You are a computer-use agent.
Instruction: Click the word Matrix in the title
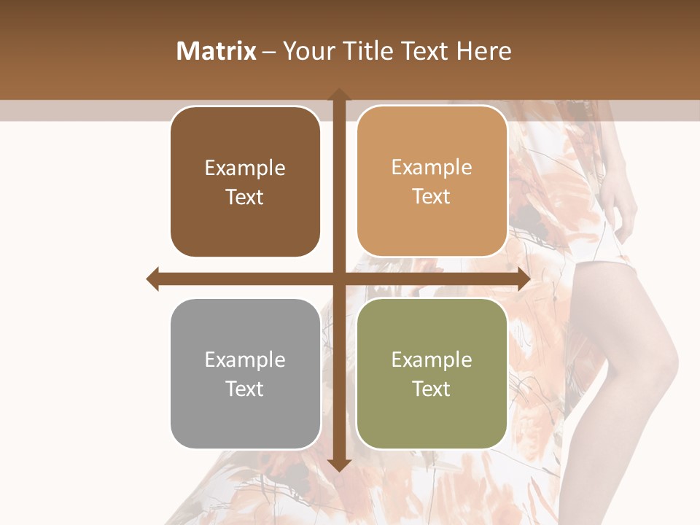[x=217, y=51]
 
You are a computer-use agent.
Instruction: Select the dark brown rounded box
[x=245, y=182]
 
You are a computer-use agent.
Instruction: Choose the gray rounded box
[x=245, y=373]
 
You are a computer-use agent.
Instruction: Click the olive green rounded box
[x=432, y=373]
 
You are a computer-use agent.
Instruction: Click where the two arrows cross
[x=338, y=279]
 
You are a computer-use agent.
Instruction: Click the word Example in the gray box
[x=245, y=359]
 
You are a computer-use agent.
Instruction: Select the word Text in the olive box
[x=432, y=389]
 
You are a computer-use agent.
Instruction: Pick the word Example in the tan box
[x=432, y=167]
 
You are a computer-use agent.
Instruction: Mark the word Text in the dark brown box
[x=245, y=197]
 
